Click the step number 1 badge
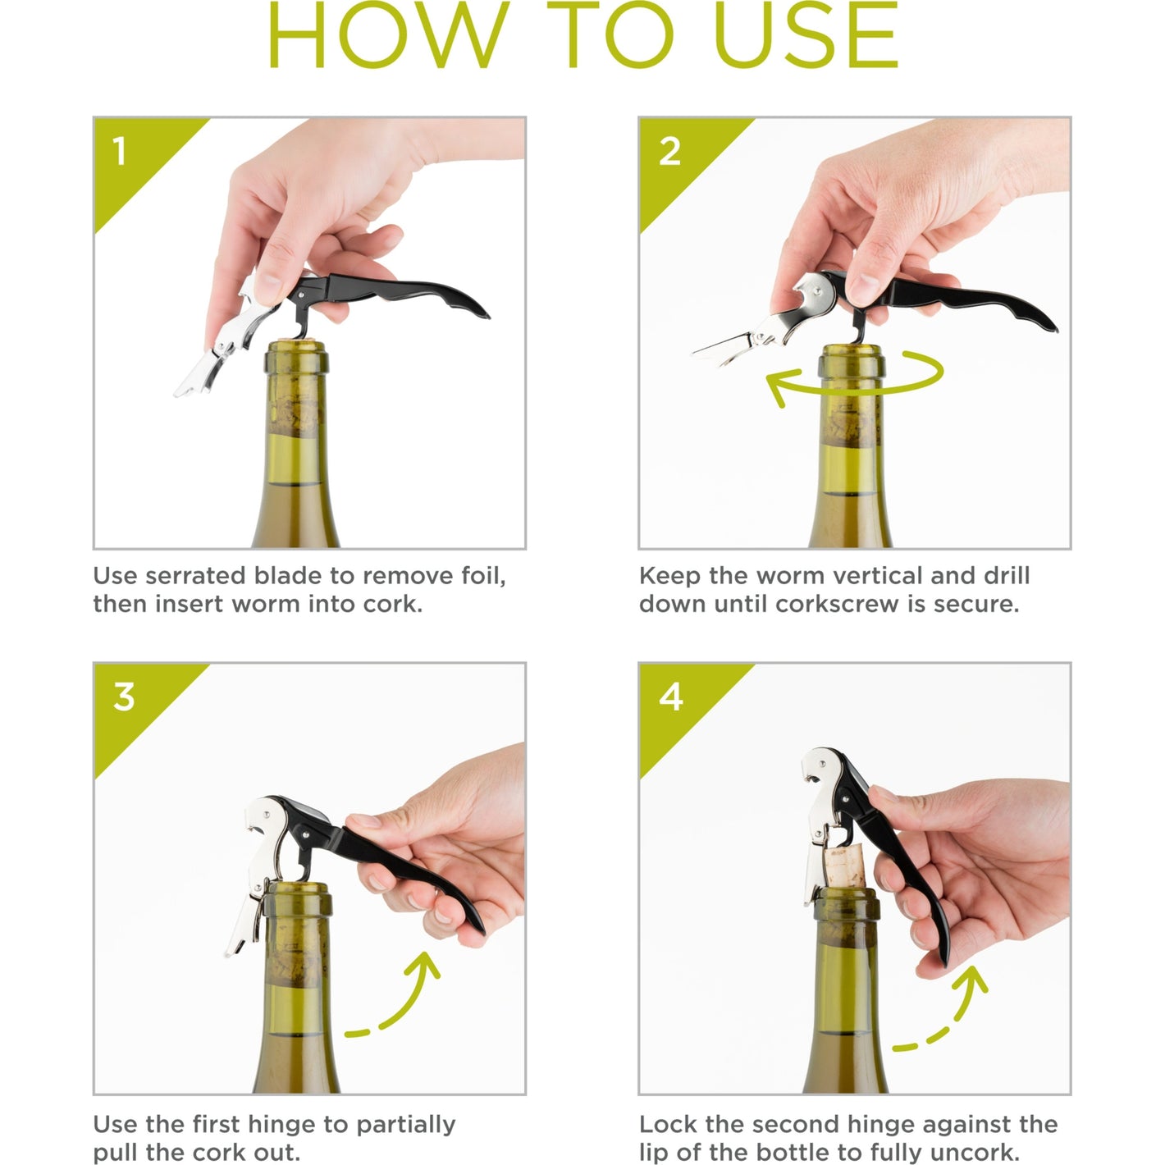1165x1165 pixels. point(120,151)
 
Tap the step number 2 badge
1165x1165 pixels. point(669,151)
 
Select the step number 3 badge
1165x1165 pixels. point(124,697)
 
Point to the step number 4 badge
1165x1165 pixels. point(671,697)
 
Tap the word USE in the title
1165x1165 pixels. point(806,34)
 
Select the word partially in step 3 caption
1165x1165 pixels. point(405,1126)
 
